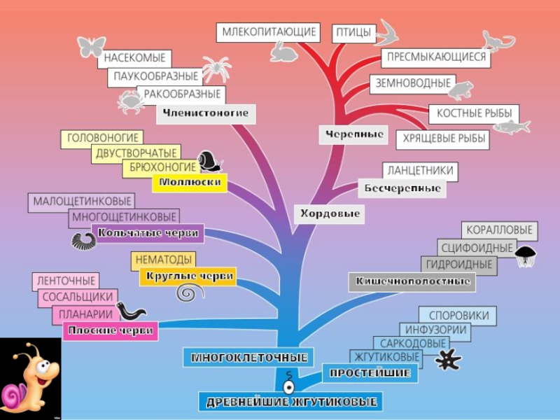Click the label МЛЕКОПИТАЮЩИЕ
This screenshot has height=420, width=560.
[x=269, y=32]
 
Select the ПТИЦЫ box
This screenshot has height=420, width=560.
[x=353, y=32]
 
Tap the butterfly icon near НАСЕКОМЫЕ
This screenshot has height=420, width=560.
[x=91, y=46]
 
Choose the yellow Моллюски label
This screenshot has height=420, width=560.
[x=190, y=183]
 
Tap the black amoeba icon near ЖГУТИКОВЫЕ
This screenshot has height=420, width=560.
[x=447, y=359]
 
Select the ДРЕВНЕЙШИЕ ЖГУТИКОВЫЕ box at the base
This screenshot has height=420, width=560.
[x=291, y=402]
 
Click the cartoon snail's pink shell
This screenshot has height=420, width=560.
[x=14, y=395]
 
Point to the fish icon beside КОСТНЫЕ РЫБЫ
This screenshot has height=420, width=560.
[x=511, y=126]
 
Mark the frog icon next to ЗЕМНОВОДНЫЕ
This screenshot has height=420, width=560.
[x=461, y=89]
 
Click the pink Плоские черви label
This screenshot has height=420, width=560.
[x=110, y=330]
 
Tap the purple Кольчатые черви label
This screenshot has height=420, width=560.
[x=148, y=233]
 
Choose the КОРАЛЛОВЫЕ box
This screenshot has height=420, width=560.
[x=500, y=230]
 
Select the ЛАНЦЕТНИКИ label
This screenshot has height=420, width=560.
[x=421, y=171]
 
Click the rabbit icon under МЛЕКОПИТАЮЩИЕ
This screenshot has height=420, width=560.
[x=282, y=52]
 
